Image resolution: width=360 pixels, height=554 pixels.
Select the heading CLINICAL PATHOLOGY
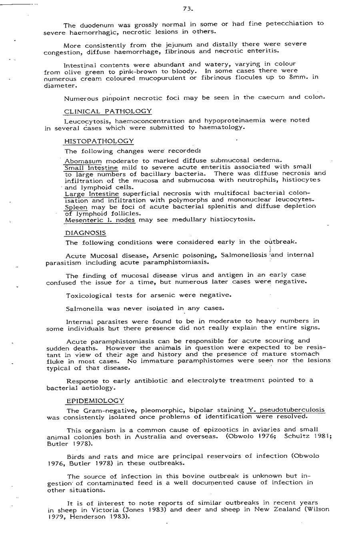click(x=108, y=111)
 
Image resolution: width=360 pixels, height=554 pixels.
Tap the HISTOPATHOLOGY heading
click(x=99, y=141)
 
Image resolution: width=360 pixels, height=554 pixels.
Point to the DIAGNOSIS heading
click(x=85, y=232)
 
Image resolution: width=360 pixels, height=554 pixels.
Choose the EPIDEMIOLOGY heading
click(x=95, y=401)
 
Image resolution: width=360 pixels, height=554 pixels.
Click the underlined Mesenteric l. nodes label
click(x=100, y=219)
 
